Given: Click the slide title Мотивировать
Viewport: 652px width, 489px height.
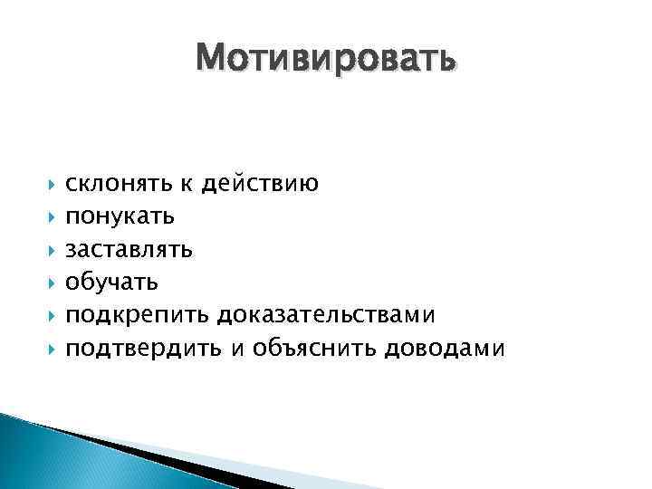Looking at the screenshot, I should click(325, 59).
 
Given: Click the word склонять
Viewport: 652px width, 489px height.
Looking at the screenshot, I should click(117, 185).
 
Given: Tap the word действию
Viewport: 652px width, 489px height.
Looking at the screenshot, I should click(260, 185).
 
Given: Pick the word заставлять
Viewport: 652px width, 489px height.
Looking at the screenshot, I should click(129, 250).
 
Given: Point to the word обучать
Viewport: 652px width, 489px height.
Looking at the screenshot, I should click(112, 283).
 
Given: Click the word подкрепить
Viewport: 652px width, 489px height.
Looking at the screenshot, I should click(138, 315).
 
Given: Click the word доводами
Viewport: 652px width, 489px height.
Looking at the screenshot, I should click(444, 348).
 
